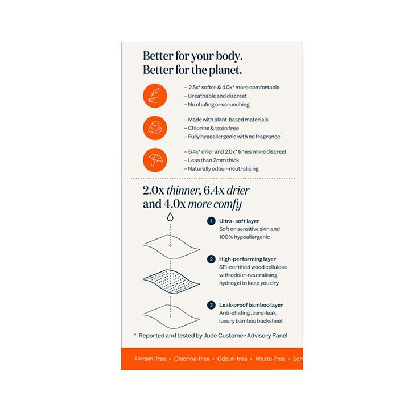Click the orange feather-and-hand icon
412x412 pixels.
(155, 96)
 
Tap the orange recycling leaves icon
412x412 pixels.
(155, 128)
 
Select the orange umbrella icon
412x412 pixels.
(155, 160)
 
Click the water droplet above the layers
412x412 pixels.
(170, 217)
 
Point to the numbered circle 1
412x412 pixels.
(211, 221)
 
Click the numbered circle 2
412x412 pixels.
(211, 259)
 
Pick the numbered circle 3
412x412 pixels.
(211, 305)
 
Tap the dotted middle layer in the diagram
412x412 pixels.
(171, 282)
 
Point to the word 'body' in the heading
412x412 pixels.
(229, 56)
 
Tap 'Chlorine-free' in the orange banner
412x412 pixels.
(192, 359)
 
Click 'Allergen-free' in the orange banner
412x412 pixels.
(150, 359)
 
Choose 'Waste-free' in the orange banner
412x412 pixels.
(270, 359)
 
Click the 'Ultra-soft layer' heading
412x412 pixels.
(239, 221)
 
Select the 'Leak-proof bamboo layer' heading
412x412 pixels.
(251, 305)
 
